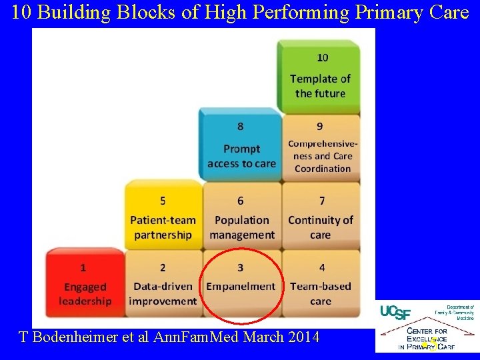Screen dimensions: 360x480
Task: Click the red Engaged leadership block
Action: click(85, 283)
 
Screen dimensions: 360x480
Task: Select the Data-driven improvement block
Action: click(163, 283)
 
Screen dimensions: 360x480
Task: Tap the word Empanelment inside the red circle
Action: click(241, 286)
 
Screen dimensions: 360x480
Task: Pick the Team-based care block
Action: click(321, 283)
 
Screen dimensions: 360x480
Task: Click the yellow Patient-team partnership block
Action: click(163, 217)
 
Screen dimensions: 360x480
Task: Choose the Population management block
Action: click(241, 217)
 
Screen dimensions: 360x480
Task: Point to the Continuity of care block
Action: click(321, 217)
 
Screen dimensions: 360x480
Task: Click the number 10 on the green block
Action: click(322, 58)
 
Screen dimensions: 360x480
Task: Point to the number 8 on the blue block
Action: click(241, 125)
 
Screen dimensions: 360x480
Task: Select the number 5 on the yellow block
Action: click(163, 200)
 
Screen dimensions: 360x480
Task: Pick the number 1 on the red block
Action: click(83, 267)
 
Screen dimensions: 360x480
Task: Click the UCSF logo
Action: click(396, 312)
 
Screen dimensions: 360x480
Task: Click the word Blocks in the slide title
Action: click(148, 13)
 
